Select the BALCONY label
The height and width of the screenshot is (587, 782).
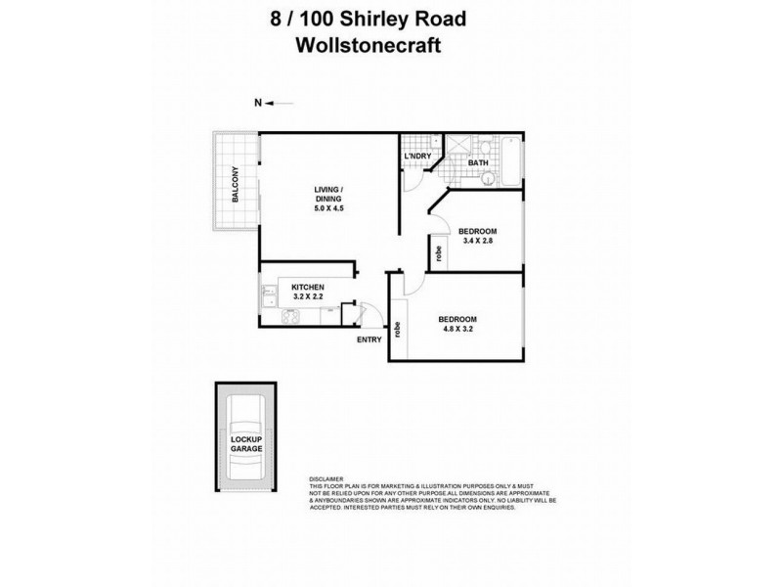pyautogui.click(x=236, y=184)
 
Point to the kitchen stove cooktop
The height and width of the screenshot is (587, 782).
pyautogui.click(x=289, y=317)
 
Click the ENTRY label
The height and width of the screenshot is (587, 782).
pyautogui.click(x=369, y=339)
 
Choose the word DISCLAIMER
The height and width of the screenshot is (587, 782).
pyautogui.click(x=326, y=480)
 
